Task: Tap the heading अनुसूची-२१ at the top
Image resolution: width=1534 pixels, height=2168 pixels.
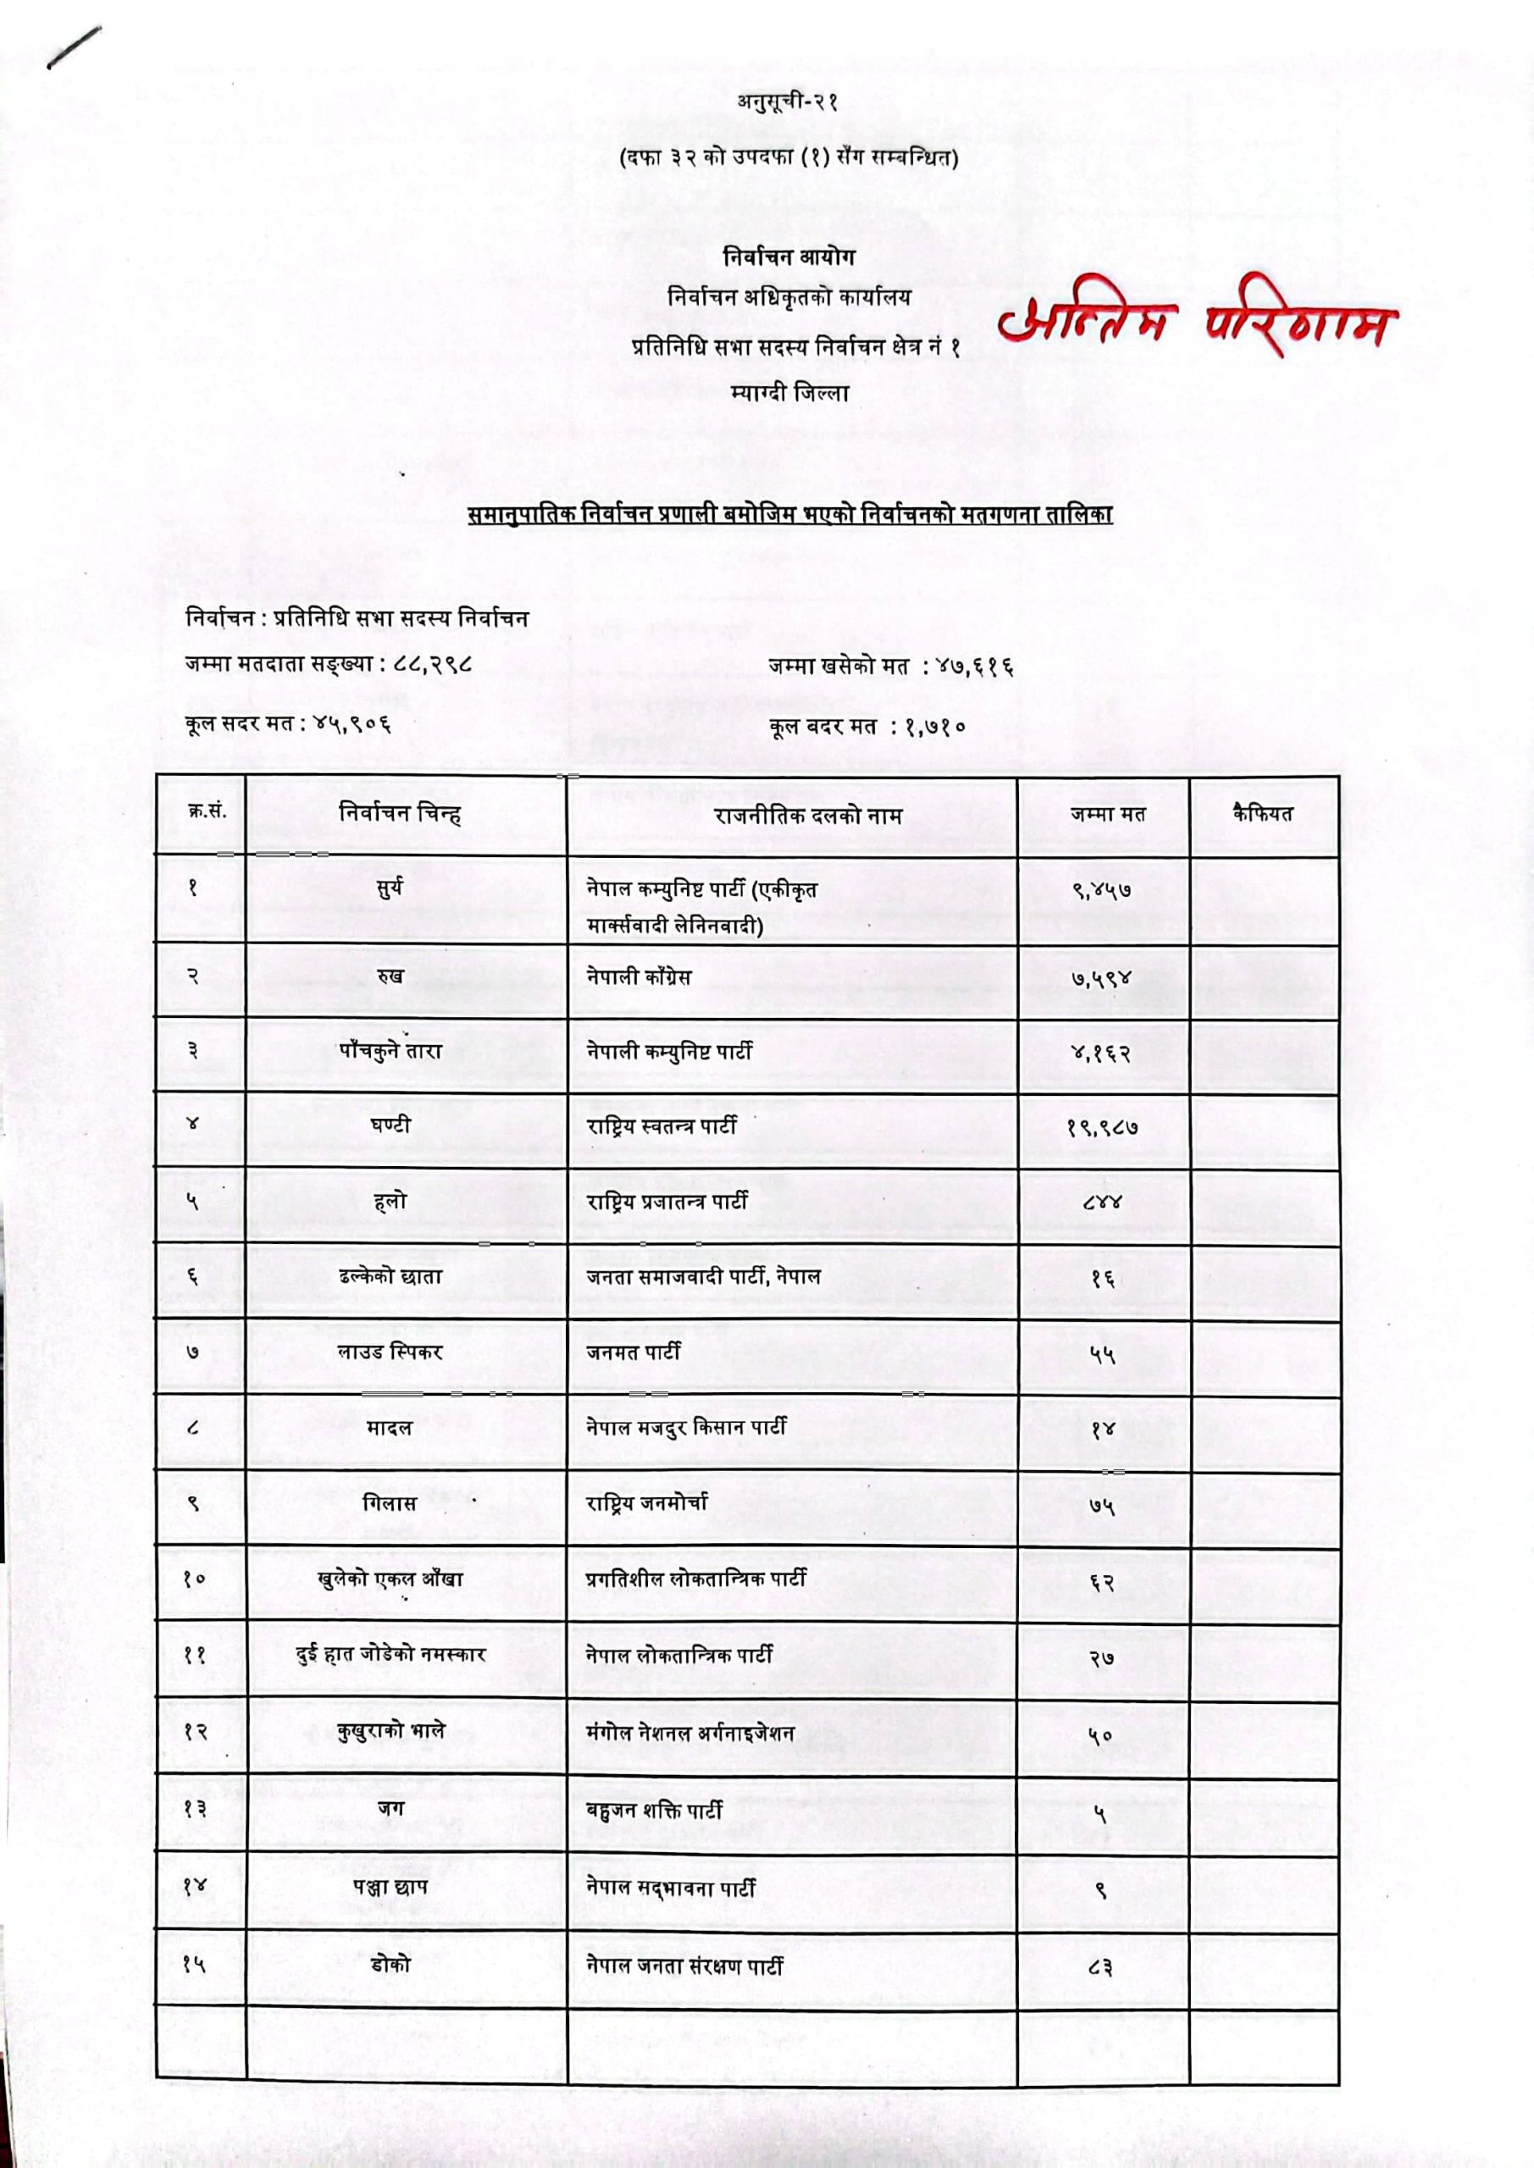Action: pos(789,101)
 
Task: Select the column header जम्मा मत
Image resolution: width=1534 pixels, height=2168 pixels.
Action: pos(1107,814)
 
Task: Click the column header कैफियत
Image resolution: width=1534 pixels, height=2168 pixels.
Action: pos(1263,812)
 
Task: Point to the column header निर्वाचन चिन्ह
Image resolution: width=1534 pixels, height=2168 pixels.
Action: pos(400,814)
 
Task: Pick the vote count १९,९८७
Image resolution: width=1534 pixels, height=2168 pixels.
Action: pos(1101,1127)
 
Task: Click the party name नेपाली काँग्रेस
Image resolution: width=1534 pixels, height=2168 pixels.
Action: pos(639,976)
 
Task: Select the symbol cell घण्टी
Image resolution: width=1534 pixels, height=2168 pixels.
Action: pos(390,1125)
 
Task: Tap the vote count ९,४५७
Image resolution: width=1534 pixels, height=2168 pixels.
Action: pos(1101,889)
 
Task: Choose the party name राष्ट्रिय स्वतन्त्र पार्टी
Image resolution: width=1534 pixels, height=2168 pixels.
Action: pos(662,1125)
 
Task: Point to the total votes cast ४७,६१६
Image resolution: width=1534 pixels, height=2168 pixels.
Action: pos(975,667)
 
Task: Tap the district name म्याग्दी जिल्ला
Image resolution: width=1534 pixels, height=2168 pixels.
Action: pos(789,393)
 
